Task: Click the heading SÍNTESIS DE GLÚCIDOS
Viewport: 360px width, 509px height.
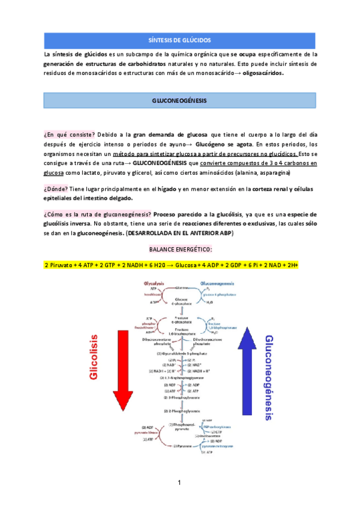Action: pos(179,40)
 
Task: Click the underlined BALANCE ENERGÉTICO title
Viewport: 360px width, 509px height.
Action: pos(180,249)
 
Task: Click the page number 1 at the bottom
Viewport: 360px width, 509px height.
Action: pos(179,483)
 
